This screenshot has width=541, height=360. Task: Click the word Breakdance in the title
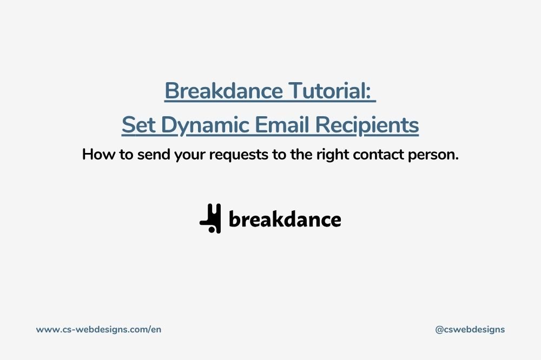tap(223, 91)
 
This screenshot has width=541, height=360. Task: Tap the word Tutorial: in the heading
tap(330, 91)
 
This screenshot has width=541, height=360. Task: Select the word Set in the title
tap(138, 125)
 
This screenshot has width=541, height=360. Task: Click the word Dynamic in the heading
tap(205, 126)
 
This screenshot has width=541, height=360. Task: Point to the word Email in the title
tap(282, 125)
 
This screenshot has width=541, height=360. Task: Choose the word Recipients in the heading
tap(367, 126)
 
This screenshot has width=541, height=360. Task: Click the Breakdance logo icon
tap(210, 218)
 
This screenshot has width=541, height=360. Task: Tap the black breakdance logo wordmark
tap(285, 219)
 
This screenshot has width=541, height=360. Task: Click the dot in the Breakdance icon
tap(212, 229)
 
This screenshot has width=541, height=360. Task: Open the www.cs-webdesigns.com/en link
tap(98, 330)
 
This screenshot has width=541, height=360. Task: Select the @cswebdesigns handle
tap(470, 330)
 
